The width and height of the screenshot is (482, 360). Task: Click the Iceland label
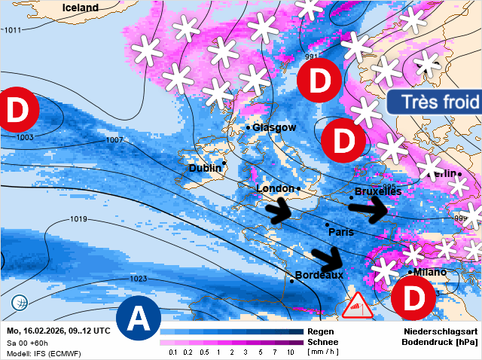[80, 8]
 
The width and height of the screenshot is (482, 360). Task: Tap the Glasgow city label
[274, 127]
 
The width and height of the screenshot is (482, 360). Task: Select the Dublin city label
[205, 168]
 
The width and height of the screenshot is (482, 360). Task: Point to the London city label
[275, 188]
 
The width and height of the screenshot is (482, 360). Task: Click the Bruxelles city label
[377, 192]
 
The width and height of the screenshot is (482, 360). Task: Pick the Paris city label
[341, 232]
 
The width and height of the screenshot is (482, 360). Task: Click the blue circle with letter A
[138, 319]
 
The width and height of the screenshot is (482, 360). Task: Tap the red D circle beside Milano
[413, 297]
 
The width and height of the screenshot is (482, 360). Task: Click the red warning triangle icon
[356, 305]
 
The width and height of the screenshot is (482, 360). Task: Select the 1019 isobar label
[78, 219]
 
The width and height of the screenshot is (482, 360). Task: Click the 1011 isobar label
[13, 29]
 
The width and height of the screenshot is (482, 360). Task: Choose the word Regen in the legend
[322, 331]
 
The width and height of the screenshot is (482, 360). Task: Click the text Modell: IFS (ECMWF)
[44, 353]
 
